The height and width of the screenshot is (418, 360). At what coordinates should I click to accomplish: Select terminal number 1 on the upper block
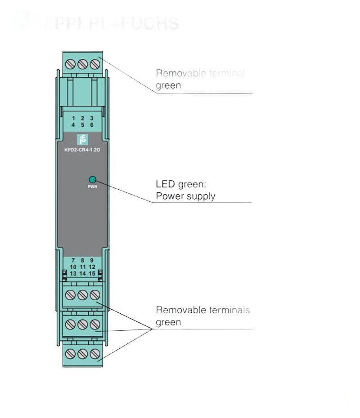tap(73, 118)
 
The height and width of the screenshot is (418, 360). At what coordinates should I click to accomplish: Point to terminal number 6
tap(92, 125)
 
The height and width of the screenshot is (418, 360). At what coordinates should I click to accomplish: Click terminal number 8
tap(82, 260)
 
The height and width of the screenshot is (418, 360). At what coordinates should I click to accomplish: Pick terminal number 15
tap(92, 273)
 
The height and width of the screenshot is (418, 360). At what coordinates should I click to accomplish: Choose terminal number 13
tap(73, 273)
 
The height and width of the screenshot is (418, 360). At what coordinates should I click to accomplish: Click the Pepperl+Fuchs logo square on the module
tap(82, 139)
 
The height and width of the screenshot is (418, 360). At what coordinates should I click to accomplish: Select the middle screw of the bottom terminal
tap(82, 354)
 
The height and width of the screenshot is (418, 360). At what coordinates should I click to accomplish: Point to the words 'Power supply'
tap(185, 196)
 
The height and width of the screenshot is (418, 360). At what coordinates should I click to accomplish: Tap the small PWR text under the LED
tap(93, 186)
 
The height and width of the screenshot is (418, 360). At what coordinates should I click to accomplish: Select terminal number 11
tap(82, 267)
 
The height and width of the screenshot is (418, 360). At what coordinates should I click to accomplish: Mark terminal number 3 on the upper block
tap(92, 118)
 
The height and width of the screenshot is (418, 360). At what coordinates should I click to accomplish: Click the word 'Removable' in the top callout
tap(176, 73)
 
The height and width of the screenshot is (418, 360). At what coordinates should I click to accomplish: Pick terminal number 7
tap(73, 260)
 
